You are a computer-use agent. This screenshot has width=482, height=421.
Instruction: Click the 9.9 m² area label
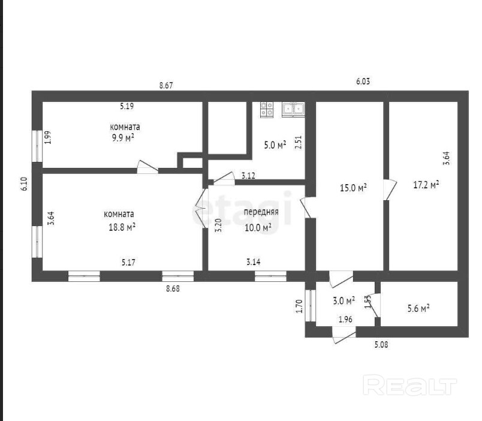point(125,137)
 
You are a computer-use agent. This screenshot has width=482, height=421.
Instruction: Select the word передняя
point(261,212)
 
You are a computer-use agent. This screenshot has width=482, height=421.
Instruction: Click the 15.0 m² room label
point(353,188)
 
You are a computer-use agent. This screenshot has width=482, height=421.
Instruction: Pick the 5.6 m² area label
point(417,308)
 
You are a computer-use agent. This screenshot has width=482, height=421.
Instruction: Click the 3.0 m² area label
point(344,300)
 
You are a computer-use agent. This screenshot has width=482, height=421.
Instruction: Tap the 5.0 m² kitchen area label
point(275,145)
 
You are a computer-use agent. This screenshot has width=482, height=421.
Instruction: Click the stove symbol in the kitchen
point(267,109)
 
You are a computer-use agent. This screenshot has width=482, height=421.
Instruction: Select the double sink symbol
point(294,109)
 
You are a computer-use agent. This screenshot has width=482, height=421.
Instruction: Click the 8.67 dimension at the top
point(166,86)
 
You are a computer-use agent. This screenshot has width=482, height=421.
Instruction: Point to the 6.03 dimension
point(363,82)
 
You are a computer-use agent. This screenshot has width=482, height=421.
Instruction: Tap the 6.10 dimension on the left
point(24,182)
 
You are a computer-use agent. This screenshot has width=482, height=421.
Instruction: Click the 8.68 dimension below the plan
point(173,288)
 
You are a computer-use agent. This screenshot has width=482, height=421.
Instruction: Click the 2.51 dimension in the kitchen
point(299,142)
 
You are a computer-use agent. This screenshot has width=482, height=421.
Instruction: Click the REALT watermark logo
point(410,384)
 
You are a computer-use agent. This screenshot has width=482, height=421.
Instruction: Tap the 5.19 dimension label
point(126,107)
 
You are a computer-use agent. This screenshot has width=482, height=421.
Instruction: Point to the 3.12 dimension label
point(249,176)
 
